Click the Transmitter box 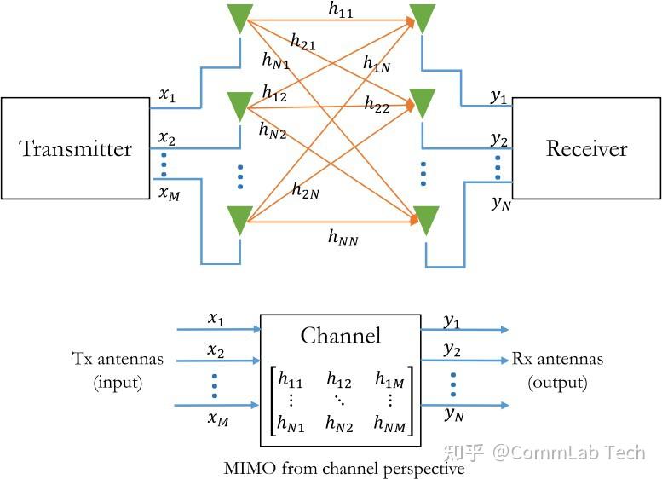pyautogui.click(x=77, y=148)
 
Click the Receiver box pyautogui.click(x=586, y=148)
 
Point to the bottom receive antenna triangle pyautogui.click(x=428, y=220)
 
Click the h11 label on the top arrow pyautogui.click(x=342, y=9)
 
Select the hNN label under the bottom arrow pyautogui.click(x=343, y=239)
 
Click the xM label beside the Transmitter pyautogui.click(x=170, y=193)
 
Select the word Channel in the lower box pyautogui.click(x=340, y=336)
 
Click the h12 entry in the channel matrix pyautogui.click(x=339, y=379)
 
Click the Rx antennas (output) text pyautogui.click(x=557, y=371)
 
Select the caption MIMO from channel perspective pyautogui.click(x=343, y=468)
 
